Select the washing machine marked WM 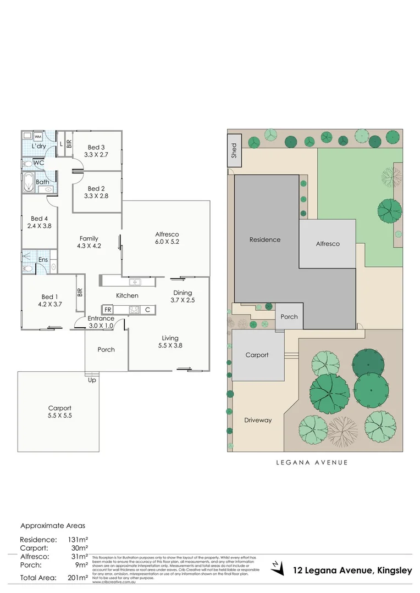(38, 137)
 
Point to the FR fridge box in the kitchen (108, 310)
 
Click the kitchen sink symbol (135, 282)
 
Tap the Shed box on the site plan (233, 150)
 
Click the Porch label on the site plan (289, 316)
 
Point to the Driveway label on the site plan (258, 420)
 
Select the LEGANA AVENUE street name (312, 462)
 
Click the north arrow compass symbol (277, 566)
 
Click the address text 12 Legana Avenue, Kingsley (352, 571)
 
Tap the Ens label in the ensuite (43, 260)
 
